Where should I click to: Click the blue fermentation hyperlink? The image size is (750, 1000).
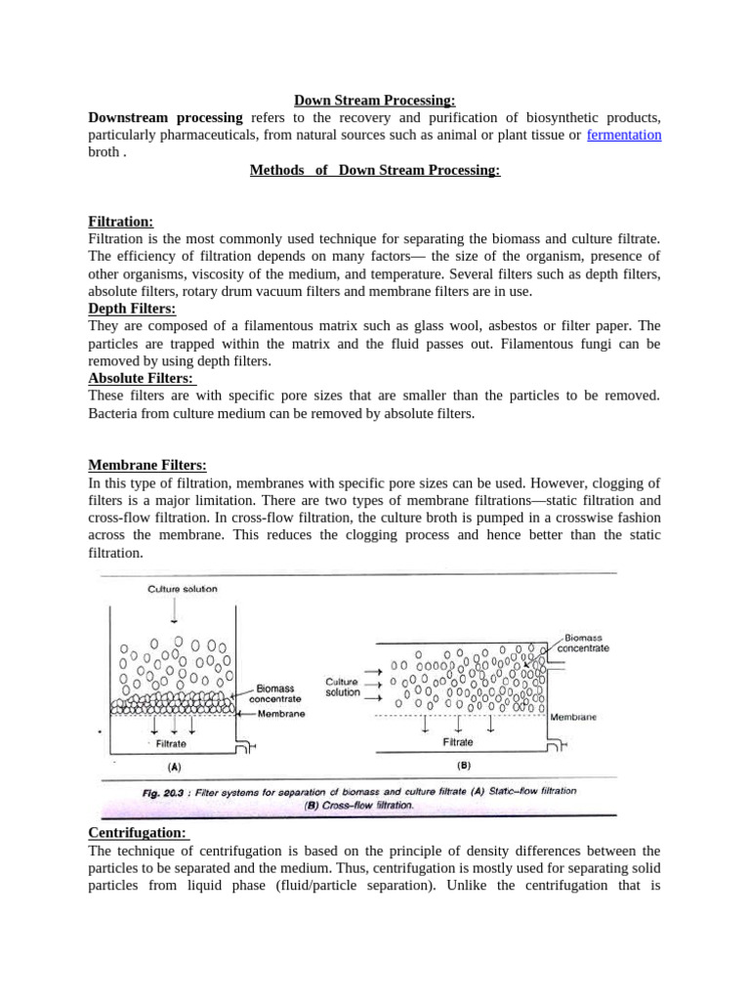pos(624,135)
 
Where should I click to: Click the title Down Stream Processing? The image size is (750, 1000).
pos(375,100)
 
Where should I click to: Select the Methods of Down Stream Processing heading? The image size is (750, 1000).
pos(375,170)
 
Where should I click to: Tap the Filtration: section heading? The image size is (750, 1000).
pos(121,222)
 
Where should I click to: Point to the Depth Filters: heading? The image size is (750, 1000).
pos(132,309)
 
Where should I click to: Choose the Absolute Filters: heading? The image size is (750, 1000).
pos(141,378)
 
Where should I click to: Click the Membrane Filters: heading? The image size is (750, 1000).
pos(147,466)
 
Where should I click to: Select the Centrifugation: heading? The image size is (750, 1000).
pos(139,833)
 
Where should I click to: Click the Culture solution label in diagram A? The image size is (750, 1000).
pos(183,589)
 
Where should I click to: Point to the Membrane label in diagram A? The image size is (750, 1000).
pos(281,714)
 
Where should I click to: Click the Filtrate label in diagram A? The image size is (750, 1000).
pos(171,743)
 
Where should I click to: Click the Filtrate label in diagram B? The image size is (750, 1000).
pos(457,742)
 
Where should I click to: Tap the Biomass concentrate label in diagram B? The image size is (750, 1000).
pos(586,643)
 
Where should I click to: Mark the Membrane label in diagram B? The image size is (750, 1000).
pos(573,716)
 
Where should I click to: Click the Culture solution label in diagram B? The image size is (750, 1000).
pos(342,687)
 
